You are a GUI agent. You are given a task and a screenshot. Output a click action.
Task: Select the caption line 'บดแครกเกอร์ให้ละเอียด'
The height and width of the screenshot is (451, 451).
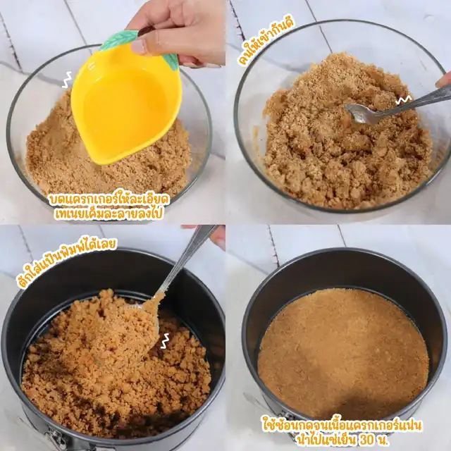(110, 199)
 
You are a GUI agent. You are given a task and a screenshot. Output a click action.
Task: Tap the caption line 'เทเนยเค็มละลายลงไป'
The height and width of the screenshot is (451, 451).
(109, 214)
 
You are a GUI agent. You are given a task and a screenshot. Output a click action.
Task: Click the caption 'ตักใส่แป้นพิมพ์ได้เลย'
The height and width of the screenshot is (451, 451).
(67, 262)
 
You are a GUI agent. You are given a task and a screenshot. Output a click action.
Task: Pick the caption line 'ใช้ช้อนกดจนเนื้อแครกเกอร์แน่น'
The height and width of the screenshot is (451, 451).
(342, 426)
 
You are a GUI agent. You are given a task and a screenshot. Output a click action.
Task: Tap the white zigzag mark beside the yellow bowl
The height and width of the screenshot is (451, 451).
(67, 80)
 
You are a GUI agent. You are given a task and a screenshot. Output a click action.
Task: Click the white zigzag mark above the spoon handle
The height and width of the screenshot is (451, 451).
(404, 100)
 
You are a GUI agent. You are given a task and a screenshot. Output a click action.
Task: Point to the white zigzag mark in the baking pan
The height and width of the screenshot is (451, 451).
(165, 341)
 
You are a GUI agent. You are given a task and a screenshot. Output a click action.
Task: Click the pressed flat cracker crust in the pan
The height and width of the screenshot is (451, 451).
(343, 354)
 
